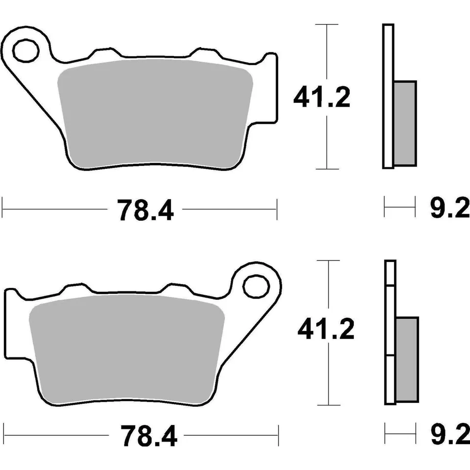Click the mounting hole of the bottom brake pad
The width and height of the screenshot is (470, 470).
(256, 286)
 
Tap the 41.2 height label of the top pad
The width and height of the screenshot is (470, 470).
(322, 98)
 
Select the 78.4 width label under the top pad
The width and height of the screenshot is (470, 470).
(145, 210)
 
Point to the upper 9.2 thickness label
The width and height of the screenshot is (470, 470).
(449, 210)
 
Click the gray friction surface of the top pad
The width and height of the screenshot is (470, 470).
(154, 113)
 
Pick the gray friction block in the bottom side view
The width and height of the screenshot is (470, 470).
(407, 358)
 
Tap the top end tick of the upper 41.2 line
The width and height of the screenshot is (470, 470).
(327, 24)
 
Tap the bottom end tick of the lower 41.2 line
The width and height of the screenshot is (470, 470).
(329, 405)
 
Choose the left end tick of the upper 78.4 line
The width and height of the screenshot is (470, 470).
(2, 209)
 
